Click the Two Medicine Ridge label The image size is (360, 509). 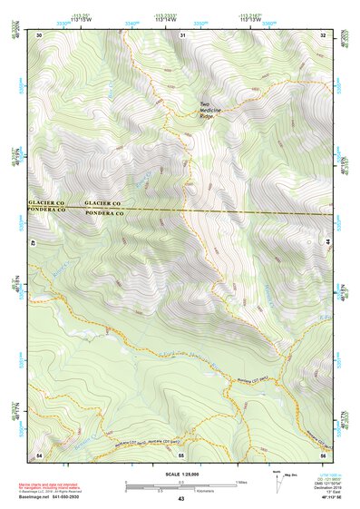coord(211,109)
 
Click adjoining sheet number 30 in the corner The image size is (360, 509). coord(38,34)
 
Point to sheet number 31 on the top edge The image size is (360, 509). coord(182,34)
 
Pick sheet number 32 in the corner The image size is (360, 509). coord(323,34)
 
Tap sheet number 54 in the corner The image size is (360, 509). coord(38,454)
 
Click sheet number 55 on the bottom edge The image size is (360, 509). coord(181,454)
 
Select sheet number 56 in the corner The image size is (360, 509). coord(323,454)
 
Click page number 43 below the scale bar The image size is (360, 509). coord(181,499)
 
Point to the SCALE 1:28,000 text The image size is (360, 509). coord(180,475)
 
